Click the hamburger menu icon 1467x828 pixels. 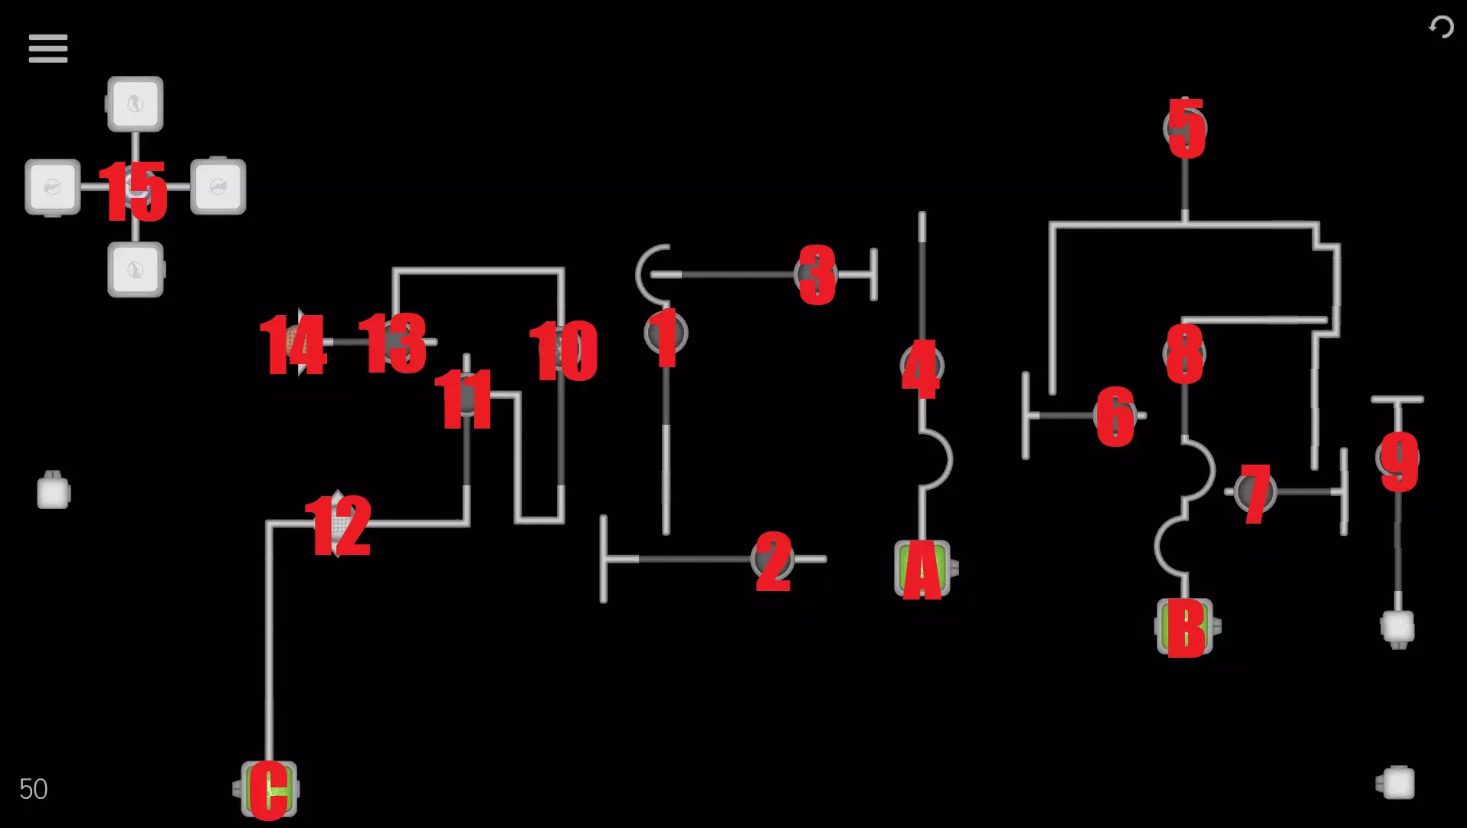click(x=47, y=48)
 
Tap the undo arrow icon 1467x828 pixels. click(x=1441, y=28)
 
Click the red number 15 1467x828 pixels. click(x=133, y=191)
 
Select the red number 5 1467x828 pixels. click(x=1186, y=128)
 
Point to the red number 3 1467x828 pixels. click(x=817, y=274)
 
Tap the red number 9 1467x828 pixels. click(x=1399, y=460)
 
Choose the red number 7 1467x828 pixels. click(x=1256, y=493)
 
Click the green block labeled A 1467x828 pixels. click(x=922, y=569)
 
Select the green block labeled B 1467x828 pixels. click(x=1184, y=627)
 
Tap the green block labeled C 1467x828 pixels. click(x=269, y=789)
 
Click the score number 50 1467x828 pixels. click(x=33, y=789)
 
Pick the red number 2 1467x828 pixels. click(x=773, y=561)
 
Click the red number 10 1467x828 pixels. click(x=564, y=350)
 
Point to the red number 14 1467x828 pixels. click(x=293, y=344)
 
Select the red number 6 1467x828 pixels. click(x=1115, y=416)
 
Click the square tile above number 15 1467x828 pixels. click(x=136, y=103)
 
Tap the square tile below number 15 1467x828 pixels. click(x=136, y=269)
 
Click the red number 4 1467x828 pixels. click(x=921, y=368)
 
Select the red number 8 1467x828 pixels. click(x=1184, y=353)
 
